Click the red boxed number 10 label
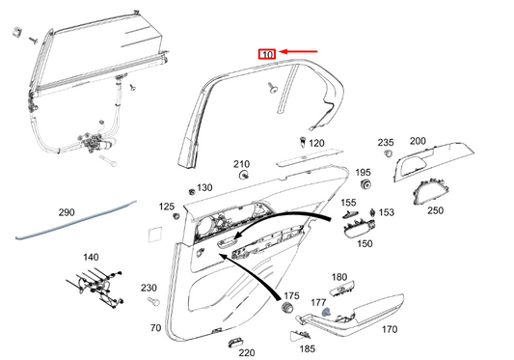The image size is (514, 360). (266, 55)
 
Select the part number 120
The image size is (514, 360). (316, 143)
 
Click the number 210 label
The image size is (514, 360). (241, 164)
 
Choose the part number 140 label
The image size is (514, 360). (91, 258)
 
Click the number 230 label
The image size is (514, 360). (149, 288)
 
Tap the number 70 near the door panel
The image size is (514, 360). (155, 329)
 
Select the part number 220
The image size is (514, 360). (247, 353)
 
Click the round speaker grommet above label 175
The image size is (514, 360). (287, 309)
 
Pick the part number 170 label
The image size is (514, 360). (390, 329)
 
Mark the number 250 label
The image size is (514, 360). (435, 210)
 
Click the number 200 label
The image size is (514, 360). (418, 141)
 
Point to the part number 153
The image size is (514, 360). (386, 212)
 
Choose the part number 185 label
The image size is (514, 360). (308, 348)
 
